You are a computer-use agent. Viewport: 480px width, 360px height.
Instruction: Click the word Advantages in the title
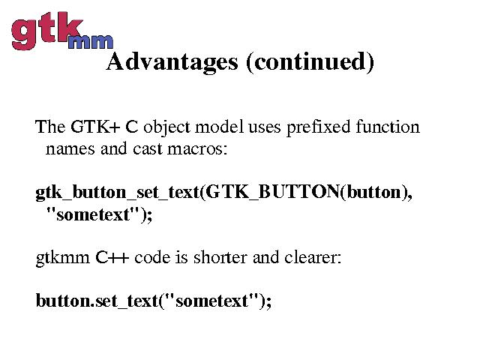pyautogui.click(x=172, y=62)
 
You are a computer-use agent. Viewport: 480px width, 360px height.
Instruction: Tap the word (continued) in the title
pyautogui.click(x=310, y=62)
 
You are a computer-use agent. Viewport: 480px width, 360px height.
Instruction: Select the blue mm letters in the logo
pyautogui.click(x=90, y=42)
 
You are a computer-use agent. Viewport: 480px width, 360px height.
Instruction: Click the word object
pyautogui.click(x=166, y=127)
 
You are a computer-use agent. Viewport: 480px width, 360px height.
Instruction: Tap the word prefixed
pyautogui.click(x=318, y=127)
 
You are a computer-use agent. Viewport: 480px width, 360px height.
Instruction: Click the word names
pyautogui.click(x=70, y=149)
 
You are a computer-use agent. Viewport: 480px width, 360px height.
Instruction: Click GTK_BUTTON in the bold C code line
pyautogui.click(x=272, y=192)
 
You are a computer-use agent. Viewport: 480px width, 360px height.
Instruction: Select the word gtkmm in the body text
pyautogui.click(x=63, y=258)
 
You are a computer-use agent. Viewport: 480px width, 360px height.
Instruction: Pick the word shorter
pyautogui.click(x=220, y=257)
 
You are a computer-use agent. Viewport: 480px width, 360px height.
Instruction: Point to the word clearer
pyautogui.click(x=312, y=257)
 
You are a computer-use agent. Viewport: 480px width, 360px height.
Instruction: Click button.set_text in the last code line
pyautogui.click(x=97, y=301)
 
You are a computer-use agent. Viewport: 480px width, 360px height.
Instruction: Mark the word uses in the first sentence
pyautogui.click(x=264, y=127)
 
